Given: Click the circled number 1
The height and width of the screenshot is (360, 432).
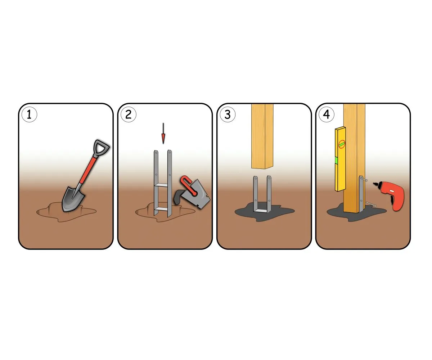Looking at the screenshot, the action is tap(29, 114).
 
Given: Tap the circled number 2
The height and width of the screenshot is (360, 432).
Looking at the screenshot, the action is tap(128, 114).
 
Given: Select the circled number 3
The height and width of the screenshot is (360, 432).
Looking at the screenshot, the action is tap(228, 114).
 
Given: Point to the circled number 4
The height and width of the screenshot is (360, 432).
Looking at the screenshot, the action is tap(327, 114).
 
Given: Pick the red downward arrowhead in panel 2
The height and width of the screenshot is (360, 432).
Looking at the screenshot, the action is tap(163, 139).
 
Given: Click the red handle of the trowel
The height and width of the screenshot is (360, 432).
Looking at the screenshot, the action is tap(188, 185).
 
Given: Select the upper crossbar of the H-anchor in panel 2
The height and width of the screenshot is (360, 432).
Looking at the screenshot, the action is tap(163, 185).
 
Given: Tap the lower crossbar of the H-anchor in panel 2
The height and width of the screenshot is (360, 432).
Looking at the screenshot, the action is tap(163, 209).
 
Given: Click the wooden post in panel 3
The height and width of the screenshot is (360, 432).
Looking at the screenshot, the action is tap(262, 136).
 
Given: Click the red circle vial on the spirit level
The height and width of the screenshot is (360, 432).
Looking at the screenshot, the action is tap(342, 144).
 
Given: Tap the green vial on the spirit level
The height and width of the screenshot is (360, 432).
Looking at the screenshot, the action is tap(337, 160).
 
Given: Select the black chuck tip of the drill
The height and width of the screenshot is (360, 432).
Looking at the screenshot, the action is tap(376, 184).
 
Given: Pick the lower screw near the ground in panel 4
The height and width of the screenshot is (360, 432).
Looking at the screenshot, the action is tap(371, 204).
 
